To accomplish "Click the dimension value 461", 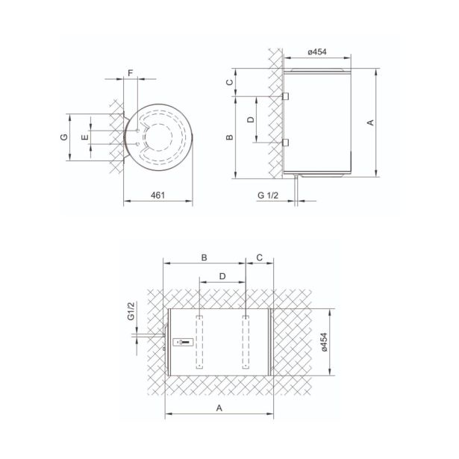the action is pos(157,196).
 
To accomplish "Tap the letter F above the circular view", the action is pos(131,72).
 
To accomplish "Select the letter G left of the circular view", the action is pos(64,137).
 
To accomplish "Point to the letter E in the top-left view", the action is pos(85,137).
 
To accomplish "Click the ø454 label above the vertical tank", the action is pos(317,52).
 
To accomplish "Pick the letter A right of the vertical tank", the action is pos(371,122).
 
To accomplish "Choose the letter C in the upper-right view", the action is pos(230,82).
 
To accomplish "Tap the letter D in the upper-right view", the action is pos(252,119).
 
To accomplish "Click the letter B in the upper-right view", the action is pos(230,137).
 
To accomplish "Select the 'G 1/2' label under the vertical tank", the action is pos(268,196).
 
